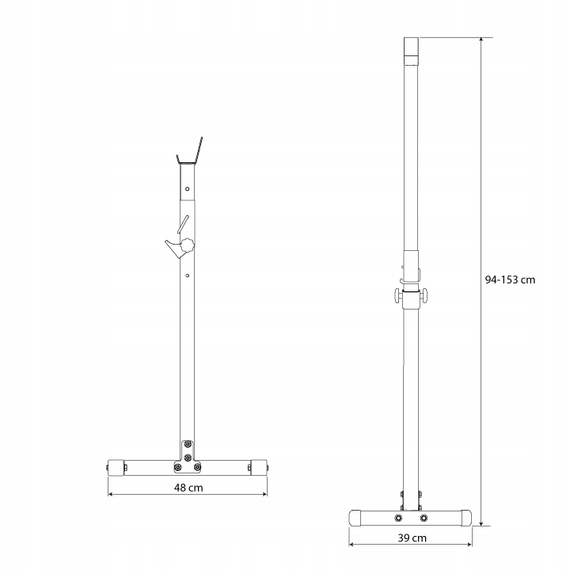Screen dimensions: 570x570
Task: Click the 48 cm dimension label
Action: click(x=188, y=488)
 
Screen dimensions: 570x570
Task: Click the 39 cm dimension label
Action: click(x=412, y=538)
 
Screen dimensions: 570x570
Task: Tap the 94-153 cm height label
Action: click(x=510, y=279)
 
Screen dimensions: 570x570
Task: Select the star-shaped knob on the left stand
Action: click(x=187, y=245)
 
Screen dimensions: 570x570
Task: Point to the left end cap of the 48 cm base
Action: click(x=116, y=468)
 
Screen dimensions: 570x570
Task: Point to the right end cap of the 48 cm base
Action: click(x=259, y=468)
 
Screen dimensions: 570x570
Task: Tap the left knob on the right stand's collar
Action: click(x=397, y=294)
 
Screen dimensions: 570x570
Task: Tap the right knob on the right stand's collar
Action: click(x=424, y=294)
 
